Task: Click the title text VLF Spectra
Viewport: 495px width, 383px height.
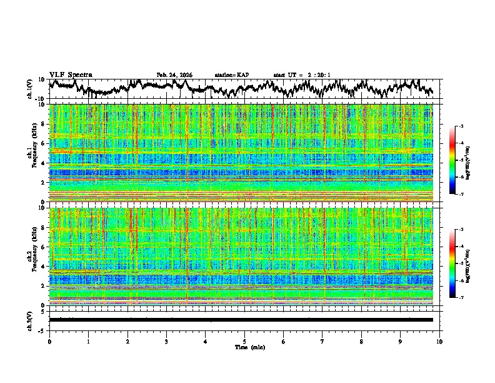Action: (x=71, y=75)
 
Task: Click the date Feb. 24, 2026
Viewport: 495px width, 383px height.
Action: (x=174, y=75)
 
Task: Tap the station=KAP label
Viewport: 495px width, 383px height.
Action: (x=231, y=75)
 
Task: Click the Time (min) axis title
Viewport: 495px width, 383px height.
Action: (x=244, y=347)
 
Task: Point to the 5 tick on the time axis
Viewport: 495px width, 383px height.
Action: (x=244, y=341)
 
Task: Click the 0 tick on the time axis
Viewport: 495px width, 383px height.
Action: (x=49, y=341)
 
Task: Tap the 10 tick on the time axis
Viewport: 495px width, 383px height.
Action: (x=439, y=341)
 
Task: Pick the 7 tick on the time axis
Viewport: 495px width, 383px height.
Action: (x=322, y=341)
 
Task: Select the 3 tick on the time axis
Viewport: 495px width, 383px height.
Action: (x=166, y=341)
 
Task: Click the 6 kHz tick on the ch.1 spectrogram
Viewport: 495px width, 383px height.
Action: (x=44, y=143)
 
